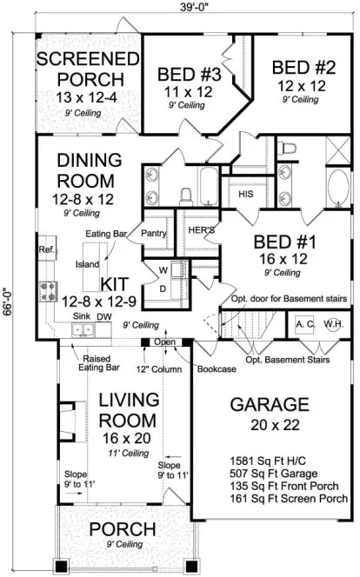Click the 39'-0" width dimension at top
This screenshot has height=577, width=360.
[x=195, y=8]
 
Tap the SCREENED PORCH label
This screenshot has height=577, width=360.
[x=89, y=69]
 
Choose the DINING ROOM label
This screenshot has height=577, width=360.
[x=85, y=171]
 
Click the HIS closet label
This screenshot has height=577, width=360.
[x=245, y=196]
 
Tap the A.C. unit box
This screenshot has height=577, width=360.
[x=304, y=323]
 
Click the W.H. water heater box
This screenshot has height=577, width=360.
[x=334, y=323]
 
